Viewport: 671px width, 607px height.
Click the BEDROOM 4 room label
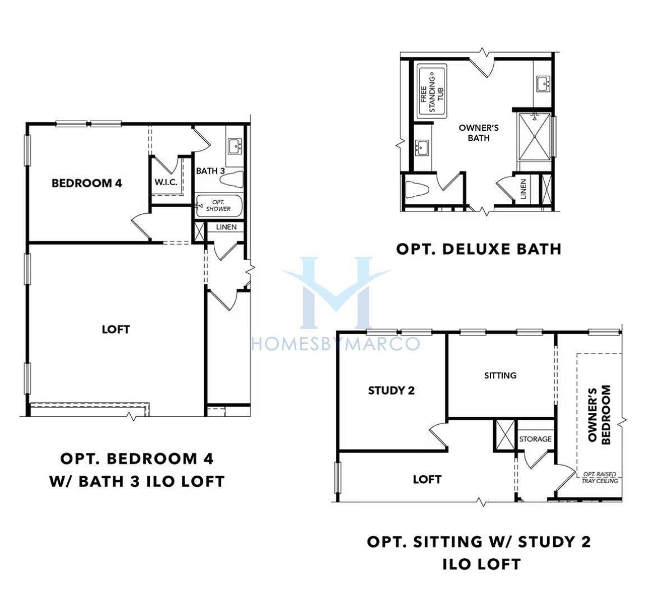(x=87, y=183)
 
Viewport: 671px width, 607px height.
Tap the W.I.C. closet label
(x=166, y=182)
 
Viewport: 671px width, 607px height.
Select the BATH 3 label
(x=210, y=171)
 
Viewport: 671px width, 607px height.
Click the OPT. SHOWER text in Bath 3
(x=218, y=205)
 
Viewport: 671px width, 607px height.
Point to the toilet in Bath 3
(x=232, y=179)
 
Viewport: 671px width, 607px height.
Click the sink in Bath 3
(x=235, y=146)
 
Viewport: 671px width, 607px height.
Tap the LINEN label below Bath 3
(x=226, y=227)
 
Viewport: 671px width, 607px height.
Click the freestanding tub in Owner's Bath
(x=432, y=91)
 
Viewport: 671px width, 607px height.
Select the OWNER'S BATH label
(x=479, y=132)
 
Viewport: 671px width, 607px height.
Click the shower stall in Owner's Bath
(x=534, y=137)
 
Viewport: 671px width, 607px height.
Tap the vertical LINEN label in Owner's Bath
(x=523, y=189)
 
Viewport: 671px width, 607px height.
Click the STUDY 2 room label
(x=391, y=390)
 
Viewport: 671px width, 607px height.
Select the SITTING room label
(x=500, y=375)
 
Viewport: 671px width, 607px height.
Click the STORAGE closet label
(x=535, y=439)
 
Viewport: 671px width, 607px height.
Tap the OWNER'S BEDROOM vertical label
(x=599, y=415)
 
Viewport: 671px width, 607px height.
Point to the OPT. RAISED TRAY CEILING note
(x=600, y=477)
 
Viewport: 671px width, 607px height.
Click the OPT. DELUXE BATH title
(x=479, y=249)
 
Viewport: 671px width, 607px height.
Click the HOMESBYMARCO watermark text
(x=335, y=344)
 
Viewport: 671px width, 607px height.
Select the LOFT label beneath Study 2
(x=426, y=480)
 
